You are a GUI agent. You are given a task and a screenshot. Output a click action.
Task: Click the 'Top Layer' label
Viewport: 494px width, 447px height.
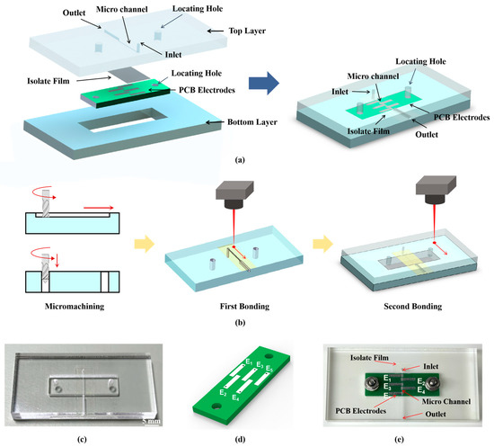click(247, 31)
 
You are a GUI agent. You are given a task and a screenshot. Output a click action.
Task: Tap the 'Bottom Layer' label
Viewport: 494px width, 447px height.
click(252, 122)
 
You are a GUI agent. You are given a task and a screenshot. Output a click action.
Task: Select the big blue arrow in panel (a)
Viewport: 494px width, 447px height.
click(264, 83)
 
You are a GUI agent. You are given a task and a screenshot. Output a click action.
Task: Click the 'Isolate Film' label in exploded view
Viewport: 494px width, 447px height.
click(49, 81)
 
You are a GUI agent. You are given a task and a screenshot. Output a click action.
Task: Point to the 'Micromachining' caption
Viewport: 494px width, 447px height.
click(75, 307)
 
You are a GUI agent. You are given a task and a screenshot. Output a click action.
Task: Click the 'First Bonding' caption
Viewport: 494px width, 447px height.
click(244, 307)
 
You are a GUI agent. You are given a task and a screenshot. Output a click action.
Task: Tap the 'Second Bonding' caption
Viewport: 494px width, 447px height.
click(413, 307)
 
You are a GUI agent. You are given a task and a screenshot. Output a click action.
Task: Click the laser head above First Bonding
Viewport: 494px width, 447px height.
click(234, 194)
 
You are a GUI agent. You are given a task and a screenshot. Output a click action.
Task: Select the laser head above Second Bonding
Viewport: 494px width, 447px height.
click(436, 190)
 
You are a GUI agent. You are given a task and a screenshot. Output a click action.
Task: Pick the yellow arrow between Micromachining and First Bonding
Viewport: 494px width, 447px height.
click(145, 244)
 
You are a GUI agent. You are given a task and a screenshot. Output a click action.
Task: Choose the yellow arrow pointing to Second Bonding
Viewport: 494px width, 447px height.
click(323, 244)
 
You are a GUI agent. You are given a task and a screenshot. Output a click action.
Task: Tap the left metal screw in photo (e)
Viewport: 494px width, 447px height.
click(372, 384)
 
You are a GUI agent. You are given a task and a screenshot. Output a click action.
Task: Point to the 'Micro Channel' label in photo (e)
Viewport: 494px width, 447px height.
click(446, 401)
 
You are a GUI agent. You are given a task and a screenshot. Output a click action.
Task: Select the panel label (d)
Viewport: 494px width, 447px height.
click(240, 439)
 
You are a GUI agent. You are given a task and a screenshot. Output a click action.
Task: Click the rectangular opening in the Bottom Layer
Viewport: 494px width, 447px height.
click(123, 120)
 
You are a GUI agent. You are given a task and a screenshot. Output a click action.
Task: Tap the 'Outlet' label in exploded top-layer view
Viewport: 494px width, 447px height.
click(74, 13)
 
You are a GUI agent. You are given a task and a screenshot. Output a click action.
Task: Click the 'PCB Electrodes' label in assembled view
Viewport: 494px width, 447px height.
click(462, 117)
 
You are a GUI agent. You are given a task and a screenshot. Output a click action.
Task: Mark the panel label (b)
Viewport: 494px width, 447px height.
click(240, 323)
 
